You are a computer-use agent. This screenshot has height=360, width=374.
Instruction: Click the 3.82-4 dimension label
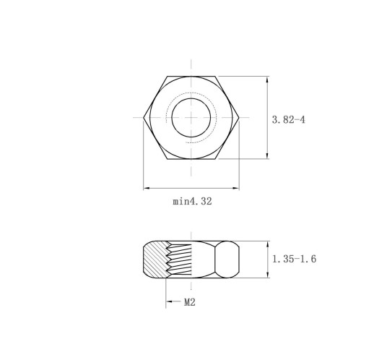point(288,120)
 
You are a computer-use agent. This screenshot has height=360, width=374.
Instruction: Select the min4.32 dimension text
point(192,201)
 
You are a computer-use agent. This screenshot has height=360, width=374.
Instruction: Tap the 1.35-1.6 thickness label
point(294,259)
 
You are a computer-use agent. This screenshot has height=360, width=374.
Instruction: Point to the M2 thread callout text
point(190,302)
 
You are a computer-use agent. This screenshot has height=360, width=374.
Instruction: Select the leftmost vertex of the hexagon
point(144,118)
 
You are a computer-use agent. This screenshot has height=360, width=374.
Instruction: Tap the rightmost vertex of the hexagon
point(239,118)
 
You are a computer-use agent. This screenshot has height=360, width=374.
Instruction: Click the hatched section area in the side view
point(155,260)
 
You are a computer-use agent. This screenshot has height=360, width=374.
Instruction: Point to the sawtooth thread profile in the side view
point(178,260)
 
